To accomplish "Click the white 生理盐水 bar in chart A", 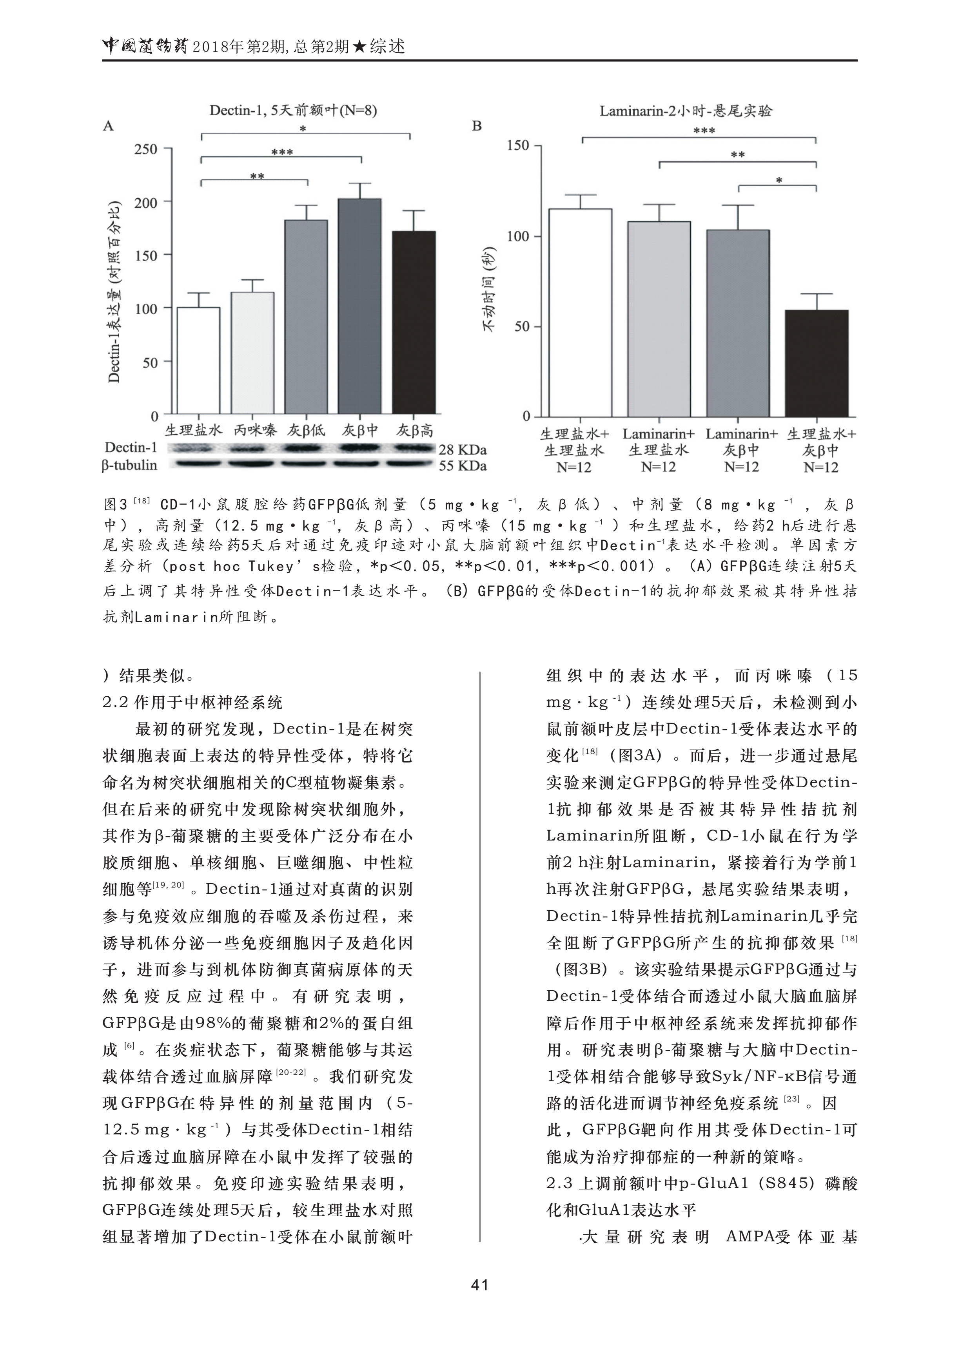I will (x=199, y=361).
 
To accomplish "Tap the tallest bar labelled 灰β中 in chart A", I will (x=359, y=306).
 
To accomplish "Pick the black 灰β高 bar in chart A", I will (x=414, y=322).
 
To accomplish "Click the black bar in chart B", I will (x=817, y=363).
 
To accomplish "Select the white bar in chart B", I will (x=581, y=313).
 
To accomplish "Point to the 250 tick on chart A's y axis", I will (x=146, y=149).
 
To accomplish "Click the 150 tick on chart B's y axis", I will (x=519, y=145).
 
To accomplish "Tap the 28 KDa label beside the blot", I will (x=462, y=450).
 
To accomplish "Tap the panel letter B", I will (x=477, y=126).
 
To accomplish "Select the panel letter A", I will (x=108, y=126).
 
